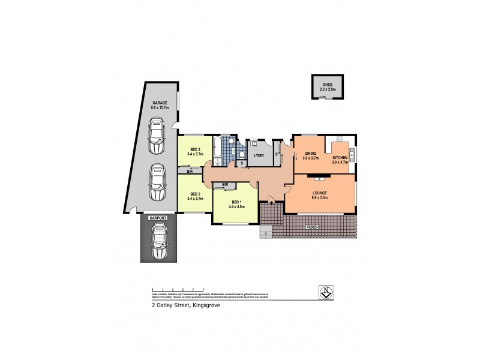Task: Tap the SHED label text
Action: (x=328, y=85)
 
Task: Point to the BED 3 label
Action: (x=195, y=149)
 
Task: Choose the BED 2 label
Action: (x=195, y=193)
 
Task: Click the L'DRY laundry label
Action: (x=259, y=156)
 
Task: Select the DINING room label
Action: (x=310, y=154)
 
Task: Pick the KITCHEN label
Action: (x=341, y=158)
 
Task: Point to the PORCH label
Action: (x=312, y=227)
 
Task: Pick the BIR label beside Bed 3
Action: (x=190, y=172)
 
